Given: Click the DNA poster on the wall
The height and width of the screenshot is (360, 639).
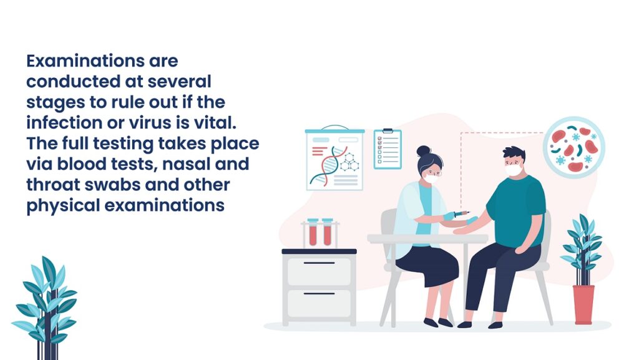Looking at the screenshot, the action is pos(334,159).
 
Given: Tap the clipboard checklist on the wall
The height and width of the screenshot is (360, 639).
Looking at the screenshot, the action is pos(388,149).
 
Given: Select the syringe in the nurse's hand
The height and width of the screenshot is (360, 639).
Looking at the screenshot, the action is pos(461,213).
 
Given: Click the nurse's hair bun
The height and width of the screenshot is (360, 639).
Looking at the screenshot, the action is pos(424,151).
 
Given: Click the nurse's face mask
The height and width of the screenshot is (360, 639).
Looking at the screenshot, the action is pos(431,178).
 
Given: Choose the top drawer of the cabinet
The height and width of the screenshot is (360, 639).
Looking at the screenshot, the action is pos(319,271).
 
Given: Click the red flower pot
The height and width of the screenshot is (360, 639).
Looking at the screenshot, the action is pos(583,304).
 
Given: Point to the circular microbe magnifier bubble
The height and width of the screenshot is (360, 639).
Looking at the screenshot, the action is pos(574,147).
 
